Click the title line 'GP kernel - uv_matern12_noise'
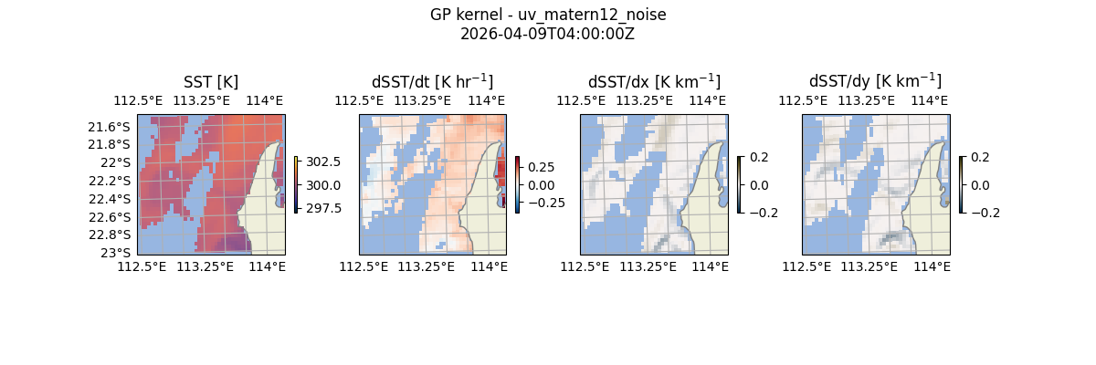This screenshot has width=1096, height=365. [x=548, y=16]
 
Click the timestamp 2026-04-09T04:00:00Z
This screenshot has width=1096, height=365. [x=548, y=34]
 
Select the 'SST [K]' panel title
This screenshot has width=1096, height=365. [x=211, y=82]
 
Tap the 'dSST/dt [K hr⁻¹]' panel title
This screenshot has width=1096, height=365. [x=432, y=81]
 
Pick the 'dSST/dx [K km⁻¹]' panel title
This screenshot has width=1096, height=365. [x=654, y=81]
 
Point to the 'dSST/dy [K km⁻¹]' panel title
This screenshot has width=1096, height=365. [x=875, y=81]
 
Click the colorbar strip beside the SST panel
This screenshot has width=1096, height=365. [x=296, y=184]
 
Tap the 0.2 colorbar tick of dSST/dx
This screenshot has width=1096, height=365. [x=759, y=157]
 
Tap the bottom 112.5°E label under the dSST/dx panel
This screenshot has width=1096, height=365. [x=581, y=266]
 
